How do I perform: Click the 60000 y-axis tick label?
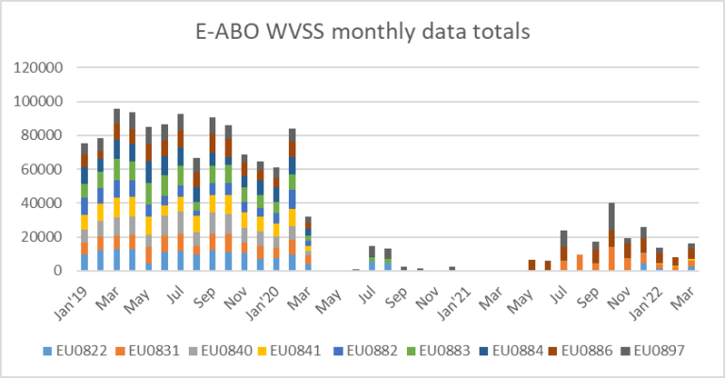pos(42,169)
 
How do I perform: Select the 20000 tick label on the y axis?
pos(42,237)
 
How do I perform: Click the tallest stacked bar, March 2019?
pos(117,189)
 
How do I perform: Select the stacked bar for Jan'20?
pos(293,199)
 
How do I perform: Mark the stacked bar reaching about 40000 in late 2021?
pos(612,236)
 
